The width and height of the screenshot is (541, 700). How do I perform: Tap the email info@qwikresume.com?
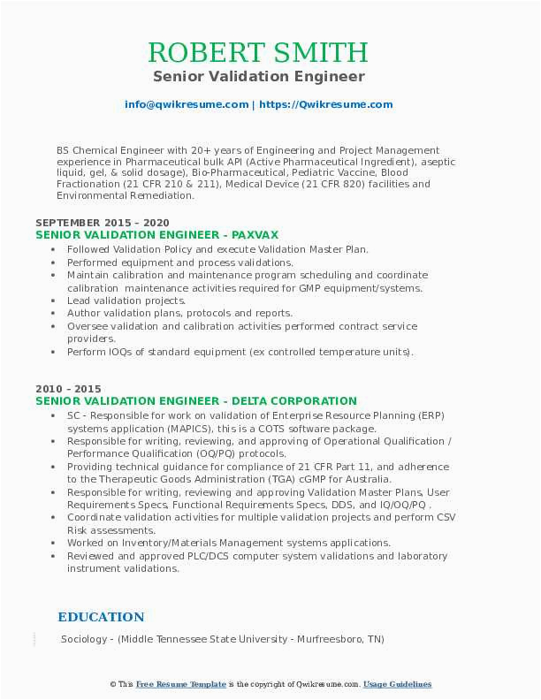point(187,104)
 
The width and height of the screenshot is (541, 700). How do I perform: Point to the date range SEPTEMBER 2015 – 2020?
point(103,222)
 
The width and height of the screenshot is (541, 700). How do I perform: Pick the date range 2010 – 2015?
point(68,389)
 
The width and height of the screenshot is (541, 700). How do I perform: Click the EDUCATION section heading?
point(101,617)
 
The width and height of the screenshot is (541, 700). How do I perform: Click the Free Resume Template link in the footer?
point(180,684)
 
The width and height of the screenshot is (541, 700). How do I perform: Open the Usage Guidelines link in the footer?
point(397,684)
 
